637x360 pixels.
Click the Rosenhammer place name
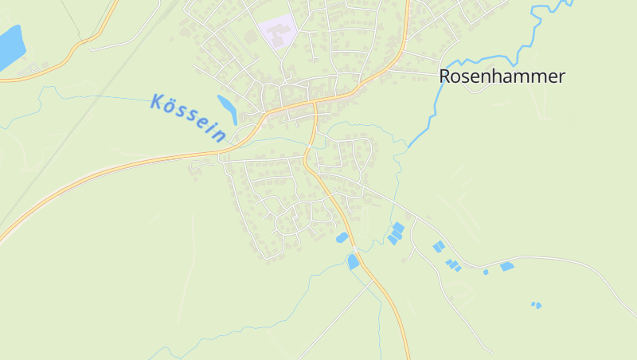(x=502, y=76)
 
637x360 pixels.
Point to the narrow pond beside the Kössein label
(x=227, y=109)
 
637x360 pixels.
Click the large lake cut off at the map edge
(x=10, y=46)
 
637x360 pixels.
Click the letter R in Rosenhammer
(x=446, y=76)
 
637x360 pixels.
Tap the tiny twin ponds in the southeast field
(x=537, y=304)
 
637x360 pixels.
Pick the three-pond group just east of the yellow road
(x=395, y=233)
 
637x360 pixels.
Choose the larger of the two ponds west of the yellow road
(x=353, y=261)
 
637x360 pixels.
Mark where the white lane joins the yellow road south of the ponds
(x=371, y=280)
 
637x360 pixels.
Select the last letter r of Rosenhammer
(x=561, y=76)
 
